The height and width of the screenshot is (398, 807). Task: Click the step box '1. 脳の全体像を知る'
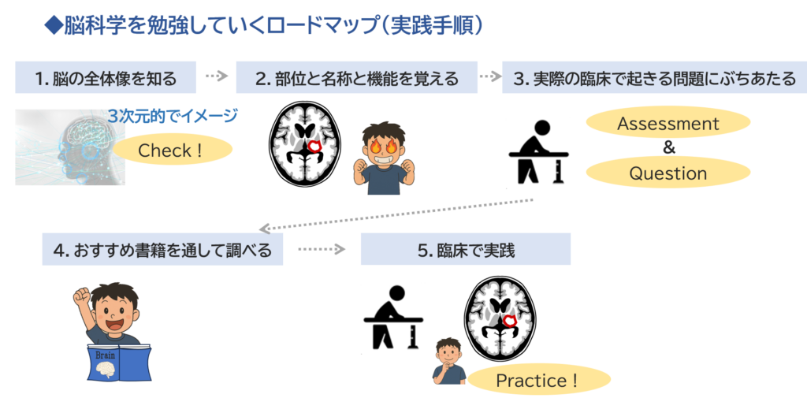point(106,78)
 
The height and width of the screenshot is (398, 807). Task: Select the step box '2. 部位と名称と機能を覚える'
point(356,78)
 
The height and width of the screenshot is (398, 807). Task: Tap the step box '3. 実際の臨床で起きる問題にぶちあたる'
point(653,78)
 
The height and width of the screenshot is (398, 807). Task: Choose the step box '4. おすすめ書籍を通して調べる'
point(162,250)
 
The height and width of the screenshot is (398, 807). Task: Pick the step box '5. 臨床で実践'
point(465,250)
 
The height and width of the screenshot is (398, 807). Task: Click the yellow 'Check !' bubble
point(171,150)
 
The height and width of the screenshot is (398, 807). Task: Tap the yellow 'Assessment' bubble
point(668,124)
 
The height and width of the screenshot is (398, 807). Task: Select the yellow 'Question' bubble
point(668,173)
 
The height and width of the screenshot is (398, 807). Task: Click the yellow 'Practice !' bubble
point(537,381)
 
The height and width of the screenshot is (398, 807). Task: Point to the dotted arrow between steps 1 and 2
point(216,76)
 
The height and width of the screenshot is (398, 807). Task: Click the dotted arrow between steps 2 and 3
point(489,76)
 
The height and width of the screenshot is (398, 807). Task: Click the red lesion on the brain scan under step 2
point(318,145)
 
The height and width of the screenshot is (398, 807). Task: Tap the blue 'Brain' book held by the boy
point(118,362)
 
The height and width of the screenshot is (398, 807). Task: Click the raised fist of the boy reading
point(81,296)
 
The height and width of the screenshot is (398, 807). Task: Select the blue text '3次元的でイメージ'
point(173,117)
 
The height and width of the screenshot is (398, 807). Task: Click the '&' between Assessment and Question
point(668,148)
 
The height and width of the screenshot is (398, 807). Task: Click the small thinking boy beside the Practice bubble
point(448,360)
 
